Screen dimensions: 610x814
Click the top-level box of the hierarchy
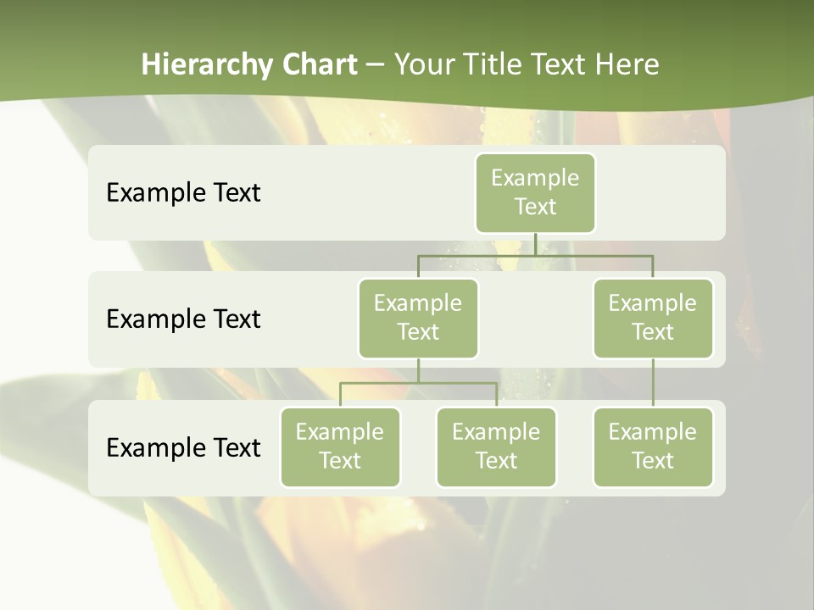coord(535,192)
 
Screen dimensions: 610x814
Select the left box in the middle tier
coord(418,318)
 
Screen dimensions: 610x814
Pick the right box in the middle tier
coord(653,318)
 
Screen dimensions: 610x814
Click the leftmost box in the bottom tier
coord(340,446)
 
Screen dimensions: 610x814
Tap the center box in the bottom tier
coord(496,446)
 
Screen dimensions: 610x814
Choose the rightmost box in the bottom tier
coord(653,446)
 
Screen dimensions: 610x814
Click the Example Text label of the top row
coord(183,192)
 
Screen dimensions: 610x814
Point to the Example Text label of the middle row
coord(183,319)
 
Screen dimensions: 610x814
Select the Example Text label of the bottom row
coord(183,447)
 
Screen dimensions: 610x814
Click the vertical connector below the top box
coord(535,244)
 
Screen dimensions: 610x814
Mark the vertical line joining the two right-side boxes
coord(653,383)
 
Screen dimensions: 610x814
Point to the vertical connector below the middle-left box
coord(418,370)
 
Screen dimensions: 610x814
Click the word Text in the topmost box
coord(535,207)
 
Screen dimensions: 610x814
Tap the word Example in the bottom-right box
coord(653,432)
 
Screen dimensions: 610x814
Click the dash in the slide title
coord(376,64)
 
